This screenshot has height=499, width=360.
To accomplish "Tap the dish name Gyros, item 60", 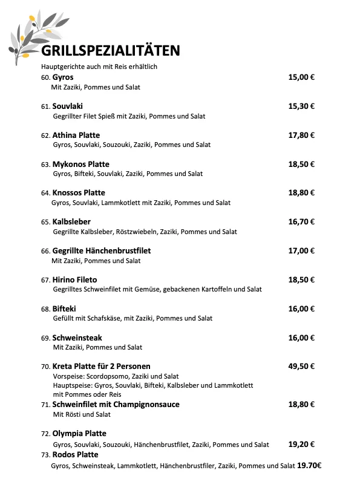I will click(x=63, y=77).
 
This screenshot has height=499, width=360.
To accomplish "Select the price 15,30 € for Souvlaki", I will click(x=301, y=106).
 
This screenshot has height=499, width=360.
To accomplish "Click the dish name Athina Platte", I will click(x=76, y=135).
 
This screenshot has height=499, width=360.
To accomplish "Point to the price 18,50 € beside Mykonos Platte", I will click(x=301, y=164).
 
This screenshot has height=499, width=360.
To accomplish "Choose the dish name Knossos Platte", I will click(x=79, y=193).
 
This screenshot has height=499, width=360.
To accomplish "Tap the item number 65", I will click(x=45, y=223).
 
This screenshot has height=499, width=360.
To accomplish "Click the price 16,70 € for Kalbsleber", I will click(x=301, y=222).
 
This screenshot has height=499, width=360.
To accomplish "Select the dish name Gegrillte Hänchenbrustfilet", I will click(x=102, y=251).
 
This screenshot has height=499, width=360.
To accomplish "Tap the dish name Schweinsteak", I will click(x=77, y=338).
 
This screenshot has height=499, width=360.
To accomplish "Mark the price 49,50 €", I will click(x=301, y=367).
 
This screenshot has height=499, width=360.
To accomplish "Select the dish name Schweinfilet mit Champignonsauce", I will click(x=116, y=404).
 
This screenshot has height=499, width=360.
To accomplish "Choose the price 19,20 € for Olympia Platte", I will click(x=301, y=444).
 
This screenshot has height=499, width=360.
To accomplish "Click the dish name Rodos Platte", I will click(x=76, y=454).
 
